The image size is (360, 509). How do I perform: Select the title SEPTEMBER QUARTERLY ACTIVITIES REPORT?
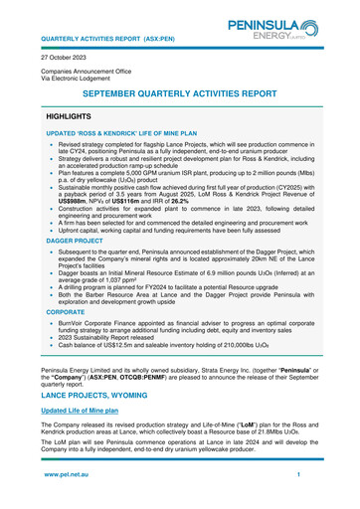pos(179,92)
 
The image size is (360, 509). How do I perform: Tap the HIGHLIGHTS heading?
pos(76,117)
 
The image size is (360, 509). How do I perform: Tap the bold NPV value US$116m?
pos(157,202)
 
